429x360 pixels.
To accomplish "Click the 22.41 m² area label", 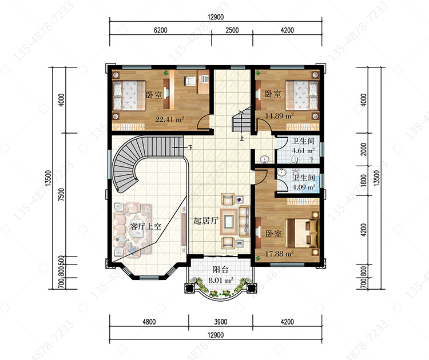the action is pos(169,119).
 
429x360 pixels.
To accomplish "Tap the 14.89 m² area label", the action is pos(279,115).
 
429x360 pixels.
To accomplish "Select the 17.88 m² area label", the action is pos(279,254).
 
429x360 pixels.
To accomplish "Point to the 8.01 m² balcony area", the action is pos(221,280).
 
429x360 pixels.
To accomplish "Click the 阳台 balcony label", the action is pos(221,270).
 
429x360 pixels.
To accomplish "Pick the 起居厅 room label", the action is pos(205,221).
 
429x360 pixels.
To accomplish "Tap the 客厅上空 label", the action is pos(145,226).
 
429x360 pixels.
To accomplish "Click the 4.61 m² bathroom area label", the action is pos(303,150).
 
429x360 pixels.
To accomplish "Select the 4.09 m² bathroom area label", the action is pos(304,187).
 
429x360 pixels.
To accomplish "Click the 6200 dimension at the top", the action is pos(161,30).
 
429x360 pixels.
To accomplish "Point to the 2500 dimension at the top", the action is pos(232,30).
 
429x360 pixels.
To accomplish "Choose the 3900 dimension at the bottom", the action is pos(221,322).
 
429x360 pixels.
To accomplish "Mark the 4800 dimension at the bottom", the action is pos(149,322).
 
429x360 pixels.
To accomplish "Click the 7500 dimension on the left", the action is pos(62,195).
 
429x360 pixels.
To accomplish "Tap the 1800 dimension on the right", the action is pos(363,181).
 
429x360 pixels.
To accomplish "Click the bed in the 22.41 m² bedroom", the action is pos(129,95).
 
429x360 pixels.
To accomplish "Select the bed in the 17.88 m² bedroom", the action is pos(302,233).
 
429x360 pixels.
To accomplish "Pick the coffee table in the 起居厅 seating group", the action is pos(228,221).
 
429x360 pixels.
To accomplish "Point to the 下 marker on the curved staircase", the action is pos(190,147).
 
